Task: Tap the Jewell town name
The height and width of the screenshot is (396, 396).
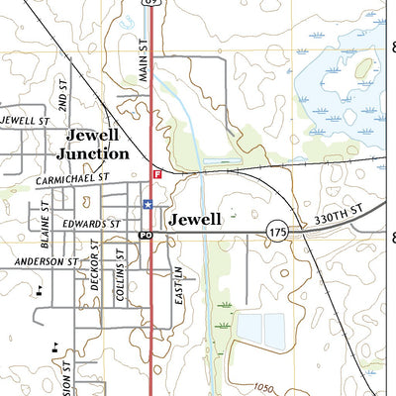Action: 194,220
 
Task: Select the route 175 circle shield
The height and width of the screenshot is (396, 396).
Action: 277,231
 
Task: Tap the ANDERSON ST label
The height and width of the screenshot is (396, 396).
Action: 45,261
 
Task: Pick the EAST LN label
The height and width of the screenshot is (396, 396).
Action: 179,281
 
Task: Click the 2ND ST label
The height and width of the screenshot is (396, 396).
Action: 62,95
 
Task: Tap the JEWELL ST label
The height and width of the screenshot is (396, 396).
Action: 24,121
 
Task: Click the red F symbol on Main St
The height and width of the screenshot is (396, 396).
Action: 156,174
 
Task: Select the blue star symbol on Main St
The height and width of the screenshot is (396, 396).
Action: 148,204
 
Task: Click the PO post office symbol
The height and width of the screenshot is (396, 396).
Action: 145,235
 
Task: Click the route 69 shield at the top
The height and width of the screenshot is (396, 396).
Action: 149,3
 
